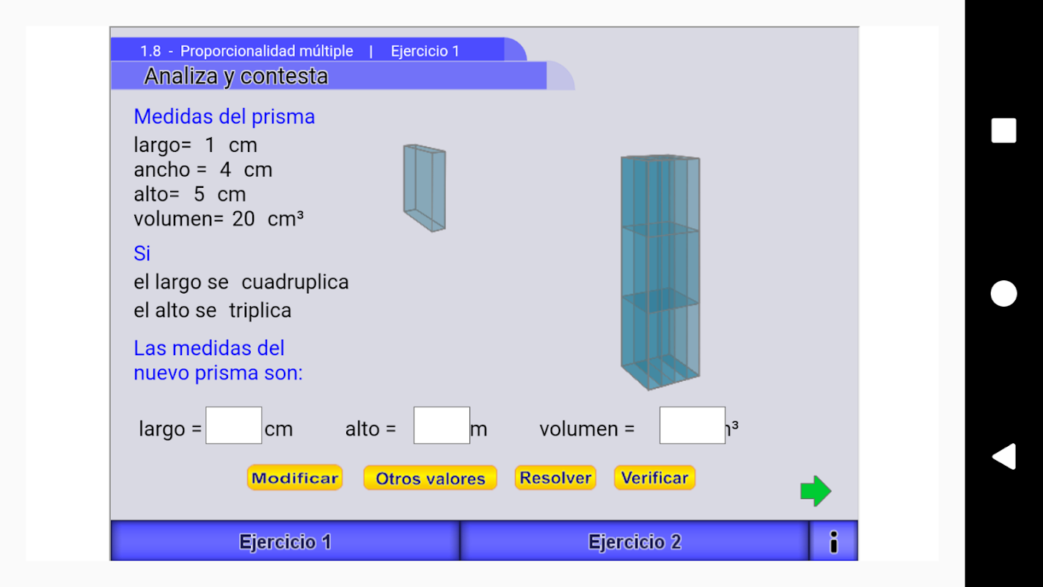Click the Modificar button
[294, 478]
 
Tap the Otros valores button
[430, 478]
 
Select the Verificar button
[654, 478]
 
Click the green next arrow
[816, 491]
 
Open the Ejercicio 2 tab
[634, 542]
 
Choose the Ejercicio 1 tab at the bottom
[285, 542]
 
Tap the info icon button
[833, 542]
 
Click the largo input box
[233, 426]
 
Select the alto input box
[442, 426]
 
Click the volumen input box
[692, 426]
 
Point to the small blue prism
[424, 188]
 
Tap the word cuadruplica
[295, 282]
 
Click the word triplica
[260, 310]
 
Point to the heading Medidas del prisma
[224, 117]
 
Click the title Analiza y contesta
[235, 76]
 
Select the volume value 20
[244, 219]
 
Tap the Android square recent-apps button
[1003, 131]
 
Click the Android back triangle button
[1003, 456]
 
